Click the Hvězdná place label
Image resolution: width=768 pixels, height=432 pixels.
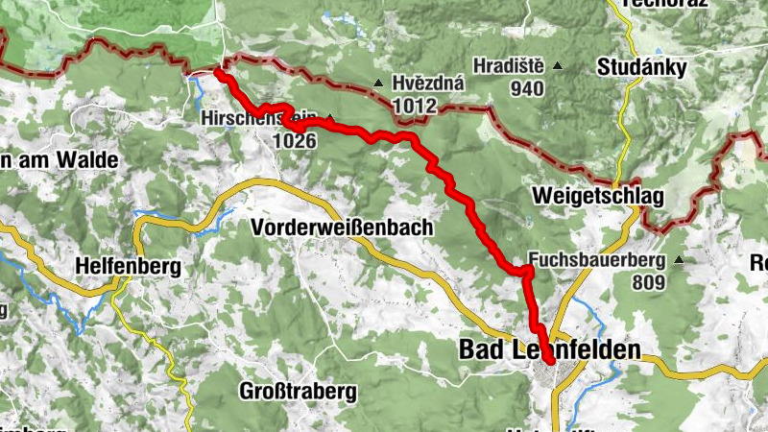click(429, 84)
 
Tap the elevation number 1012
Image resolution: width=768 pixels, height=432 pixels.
click(415, 105)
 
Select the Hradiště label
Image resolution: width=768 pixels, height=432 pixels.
click(508, 66)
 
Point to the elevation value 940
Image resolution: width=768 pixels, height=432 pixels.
click(527, 89)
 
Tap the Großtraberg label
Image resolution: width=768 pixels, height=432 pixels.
click(297, 392)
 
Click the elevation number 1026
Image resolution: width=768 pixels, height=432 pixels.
click(296, 140)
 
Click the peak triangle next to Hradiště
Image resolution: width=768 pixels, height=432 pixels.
click(557, 66)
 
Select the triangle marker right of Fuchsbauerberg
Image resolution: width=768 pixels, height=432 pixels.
click(680, 259)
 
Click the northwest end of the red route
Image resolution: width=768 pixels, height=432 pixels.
click(218, 72)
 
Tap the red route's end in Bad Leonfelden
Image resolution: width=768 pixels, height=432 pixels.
click(548, 360)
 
